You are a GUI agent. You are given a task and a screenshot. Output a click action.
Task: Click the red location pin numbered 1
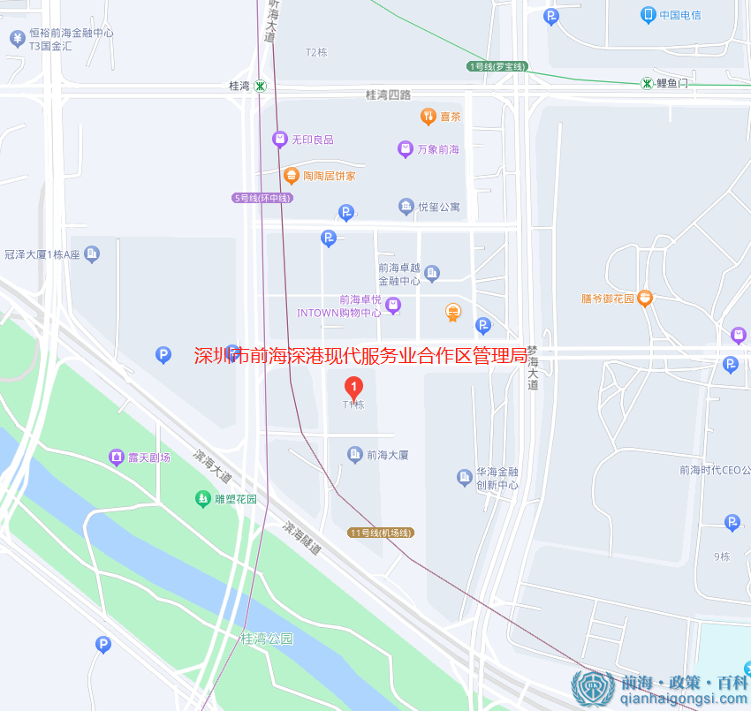[353, 387]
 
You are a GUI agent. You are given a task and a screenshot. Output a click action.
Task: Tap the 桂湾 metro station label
[239, 86]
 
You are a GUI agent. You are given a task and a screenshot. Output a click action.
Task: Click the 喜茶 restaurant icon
[428, 116]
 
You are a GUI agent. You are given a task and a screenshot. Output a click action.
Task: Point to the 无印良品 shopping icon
[279, 139]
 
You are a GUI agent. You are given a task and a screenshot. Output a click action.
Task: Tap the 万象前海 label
[438, 149]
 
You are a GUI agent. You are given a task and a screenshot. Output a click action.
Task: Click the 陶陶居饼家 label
[329, 176]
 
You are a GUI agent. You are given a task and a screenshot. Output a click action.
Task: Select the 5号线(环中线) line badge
[262, 198]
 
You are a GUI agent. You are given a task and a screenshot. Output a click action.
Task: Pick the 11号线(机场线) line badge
[381, 533]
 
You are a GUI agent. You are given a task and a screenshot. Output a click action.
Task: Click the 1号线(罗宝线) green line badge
[497, 66]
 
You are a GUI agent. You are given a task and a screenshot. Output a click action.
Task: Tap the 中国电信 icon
[649, 14]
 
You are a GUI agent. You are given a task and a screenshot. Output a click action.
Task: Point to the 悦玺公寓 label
[439, 207]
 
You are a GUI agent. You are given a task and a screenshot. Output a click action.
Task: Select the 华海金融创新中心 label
[497, 478]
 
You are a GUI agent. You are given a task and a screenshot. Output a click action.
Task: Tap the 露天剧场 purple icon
[116, 457]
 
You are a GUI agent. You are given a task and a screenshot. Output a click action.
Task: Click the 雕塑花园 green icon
[203, 499]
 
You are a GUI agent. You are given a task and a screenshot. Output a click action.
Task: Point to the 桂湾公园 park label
[266, 638]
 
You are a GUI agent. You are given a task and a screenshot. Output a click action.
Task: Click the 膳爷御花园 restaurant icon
[645, 299]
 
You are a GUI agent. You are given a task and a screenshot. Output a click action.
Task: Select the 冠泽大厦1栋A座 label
[42, 254]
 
